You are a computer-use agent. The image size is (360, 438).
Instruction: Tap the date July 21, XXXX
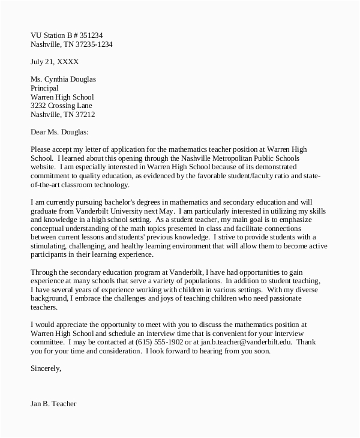point(55,61)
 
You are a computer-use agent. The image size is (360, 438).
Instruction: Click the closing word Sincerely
point(46,368)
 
